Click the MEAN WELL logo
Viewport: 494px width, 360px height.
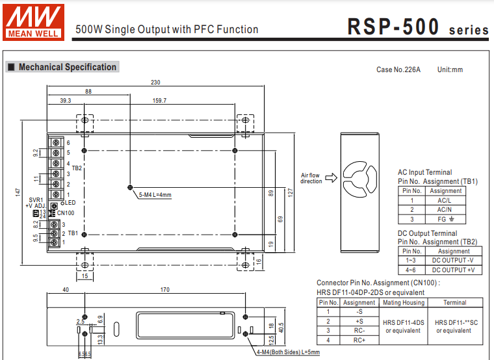34,20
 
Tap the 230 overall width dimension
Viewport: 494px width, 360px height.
155,83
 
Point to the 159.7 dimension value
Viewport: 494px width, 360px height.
159,101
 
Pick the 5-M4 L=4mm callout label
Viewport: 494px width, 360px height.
155,194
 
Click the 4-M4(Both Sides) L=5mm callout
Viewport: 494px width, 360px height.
289,352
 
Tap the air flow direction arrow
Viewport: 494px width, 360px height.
330,177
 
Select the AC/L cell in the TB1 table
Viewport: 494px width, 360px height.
445,200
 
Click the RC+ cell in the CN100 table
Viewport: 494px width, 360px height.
359,340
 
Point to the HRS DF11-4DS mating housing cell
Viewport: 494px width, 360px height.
404,326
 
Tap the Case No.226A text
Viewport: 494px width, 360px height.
398,70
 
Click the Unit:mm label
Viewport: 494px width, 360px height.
450,70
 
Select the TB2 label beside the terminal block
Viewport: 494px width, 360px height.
77,168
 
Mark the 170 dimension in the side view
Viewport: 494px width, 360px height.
164,290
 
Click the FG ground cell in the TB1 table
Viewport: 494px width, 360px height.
445,220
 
